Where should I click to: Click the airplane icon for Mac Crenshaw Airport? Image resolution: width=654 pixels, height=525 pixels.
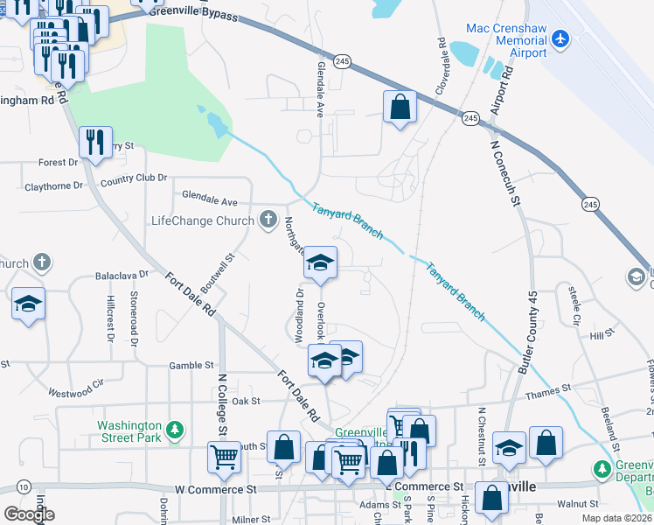pos(560,39)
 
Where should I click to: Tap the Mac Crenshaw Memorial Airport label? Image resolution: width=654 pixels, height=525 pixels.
pos(506,40)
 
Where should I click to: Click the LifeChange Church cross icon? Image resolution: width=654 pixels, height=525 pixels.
pos(268,220)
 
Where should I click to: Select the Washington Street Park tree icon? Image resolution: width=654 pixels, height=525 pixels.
pos(176,430)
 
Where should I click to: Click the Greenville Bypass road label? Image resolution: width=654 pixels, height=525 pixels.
pos(193,13)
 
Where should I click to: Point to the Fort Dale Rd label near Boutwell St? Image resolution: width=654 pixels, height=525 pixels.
pos(191,292)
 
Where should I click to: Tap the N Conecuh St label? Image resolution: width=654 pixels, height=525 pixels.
pos(505,175)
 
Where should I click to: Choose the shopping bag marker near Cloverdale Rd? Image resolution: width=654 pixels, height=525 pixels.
pos(400,108)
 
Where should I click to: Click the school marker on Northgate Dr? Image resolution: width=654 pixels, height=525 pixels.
pos(320,263)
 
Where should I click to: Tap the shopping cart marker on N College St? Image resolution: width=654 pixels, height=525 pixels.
pos(225,457)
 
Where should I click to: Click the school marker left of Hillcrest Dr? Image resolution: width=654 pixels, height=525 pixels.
pos(28,304)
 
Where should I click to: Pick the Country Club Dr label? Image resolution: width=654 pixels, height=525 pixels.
pos(133,178)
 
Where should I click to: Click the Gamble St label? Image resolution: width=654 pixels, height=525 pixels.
pos(191,365)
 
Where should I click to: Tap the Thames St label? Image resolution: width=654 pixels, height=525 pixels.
pos(548,387)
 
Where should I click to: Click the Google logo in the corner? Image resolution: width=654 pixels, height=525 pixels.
pos(29,514)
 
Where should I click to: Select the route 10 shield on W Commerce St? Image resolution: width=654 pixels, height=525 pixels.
pos(24,486)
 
